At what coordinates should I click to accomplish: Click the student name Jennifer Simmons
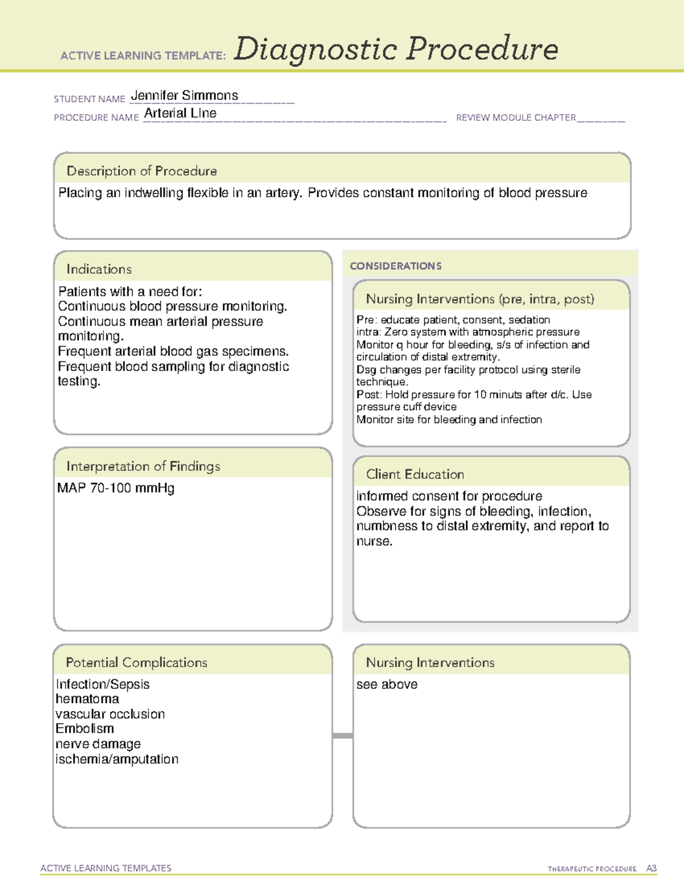point(184,96)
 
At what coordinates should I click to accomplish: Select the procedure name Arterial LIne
point(180,113)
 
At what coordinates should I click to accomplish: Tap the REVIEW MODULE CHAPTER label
point(516,117)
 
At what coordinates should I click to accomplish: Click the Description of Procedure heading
point(141,171)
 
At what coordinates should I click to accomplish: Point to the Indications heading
point(99,269)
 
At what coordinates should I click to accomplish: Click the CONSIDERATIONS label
point(396,266)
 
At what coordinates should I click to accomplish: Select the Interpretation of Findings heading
point(143,466)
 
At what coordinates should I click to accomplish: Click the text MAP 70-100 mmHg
point(116,488)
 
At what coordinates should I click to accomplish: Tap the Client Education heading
point(414,474)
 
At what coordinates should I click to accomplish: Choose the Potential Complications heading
point(136,662)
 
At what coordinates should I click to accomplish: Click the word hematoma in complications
point(87,699)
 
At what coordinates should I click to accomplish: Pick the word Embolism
point(85,729)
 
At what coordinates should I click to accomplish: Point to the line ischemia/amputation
point(117,759)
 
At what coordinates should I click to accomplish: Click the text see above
point(386,684)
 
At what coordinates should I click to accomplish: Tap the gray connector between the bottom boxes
point(343,736)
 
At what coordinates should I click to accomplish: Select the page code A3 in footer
point(651,868)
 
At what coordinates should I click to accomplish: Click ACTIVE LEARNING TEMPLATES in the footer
point(105,868)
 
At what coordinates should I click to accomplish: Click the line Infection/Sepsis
point(103,684)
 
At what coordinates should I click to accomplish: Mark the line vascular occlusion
point(110,714)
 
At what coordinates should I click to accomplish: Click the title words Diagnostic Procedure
point(396,49)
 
